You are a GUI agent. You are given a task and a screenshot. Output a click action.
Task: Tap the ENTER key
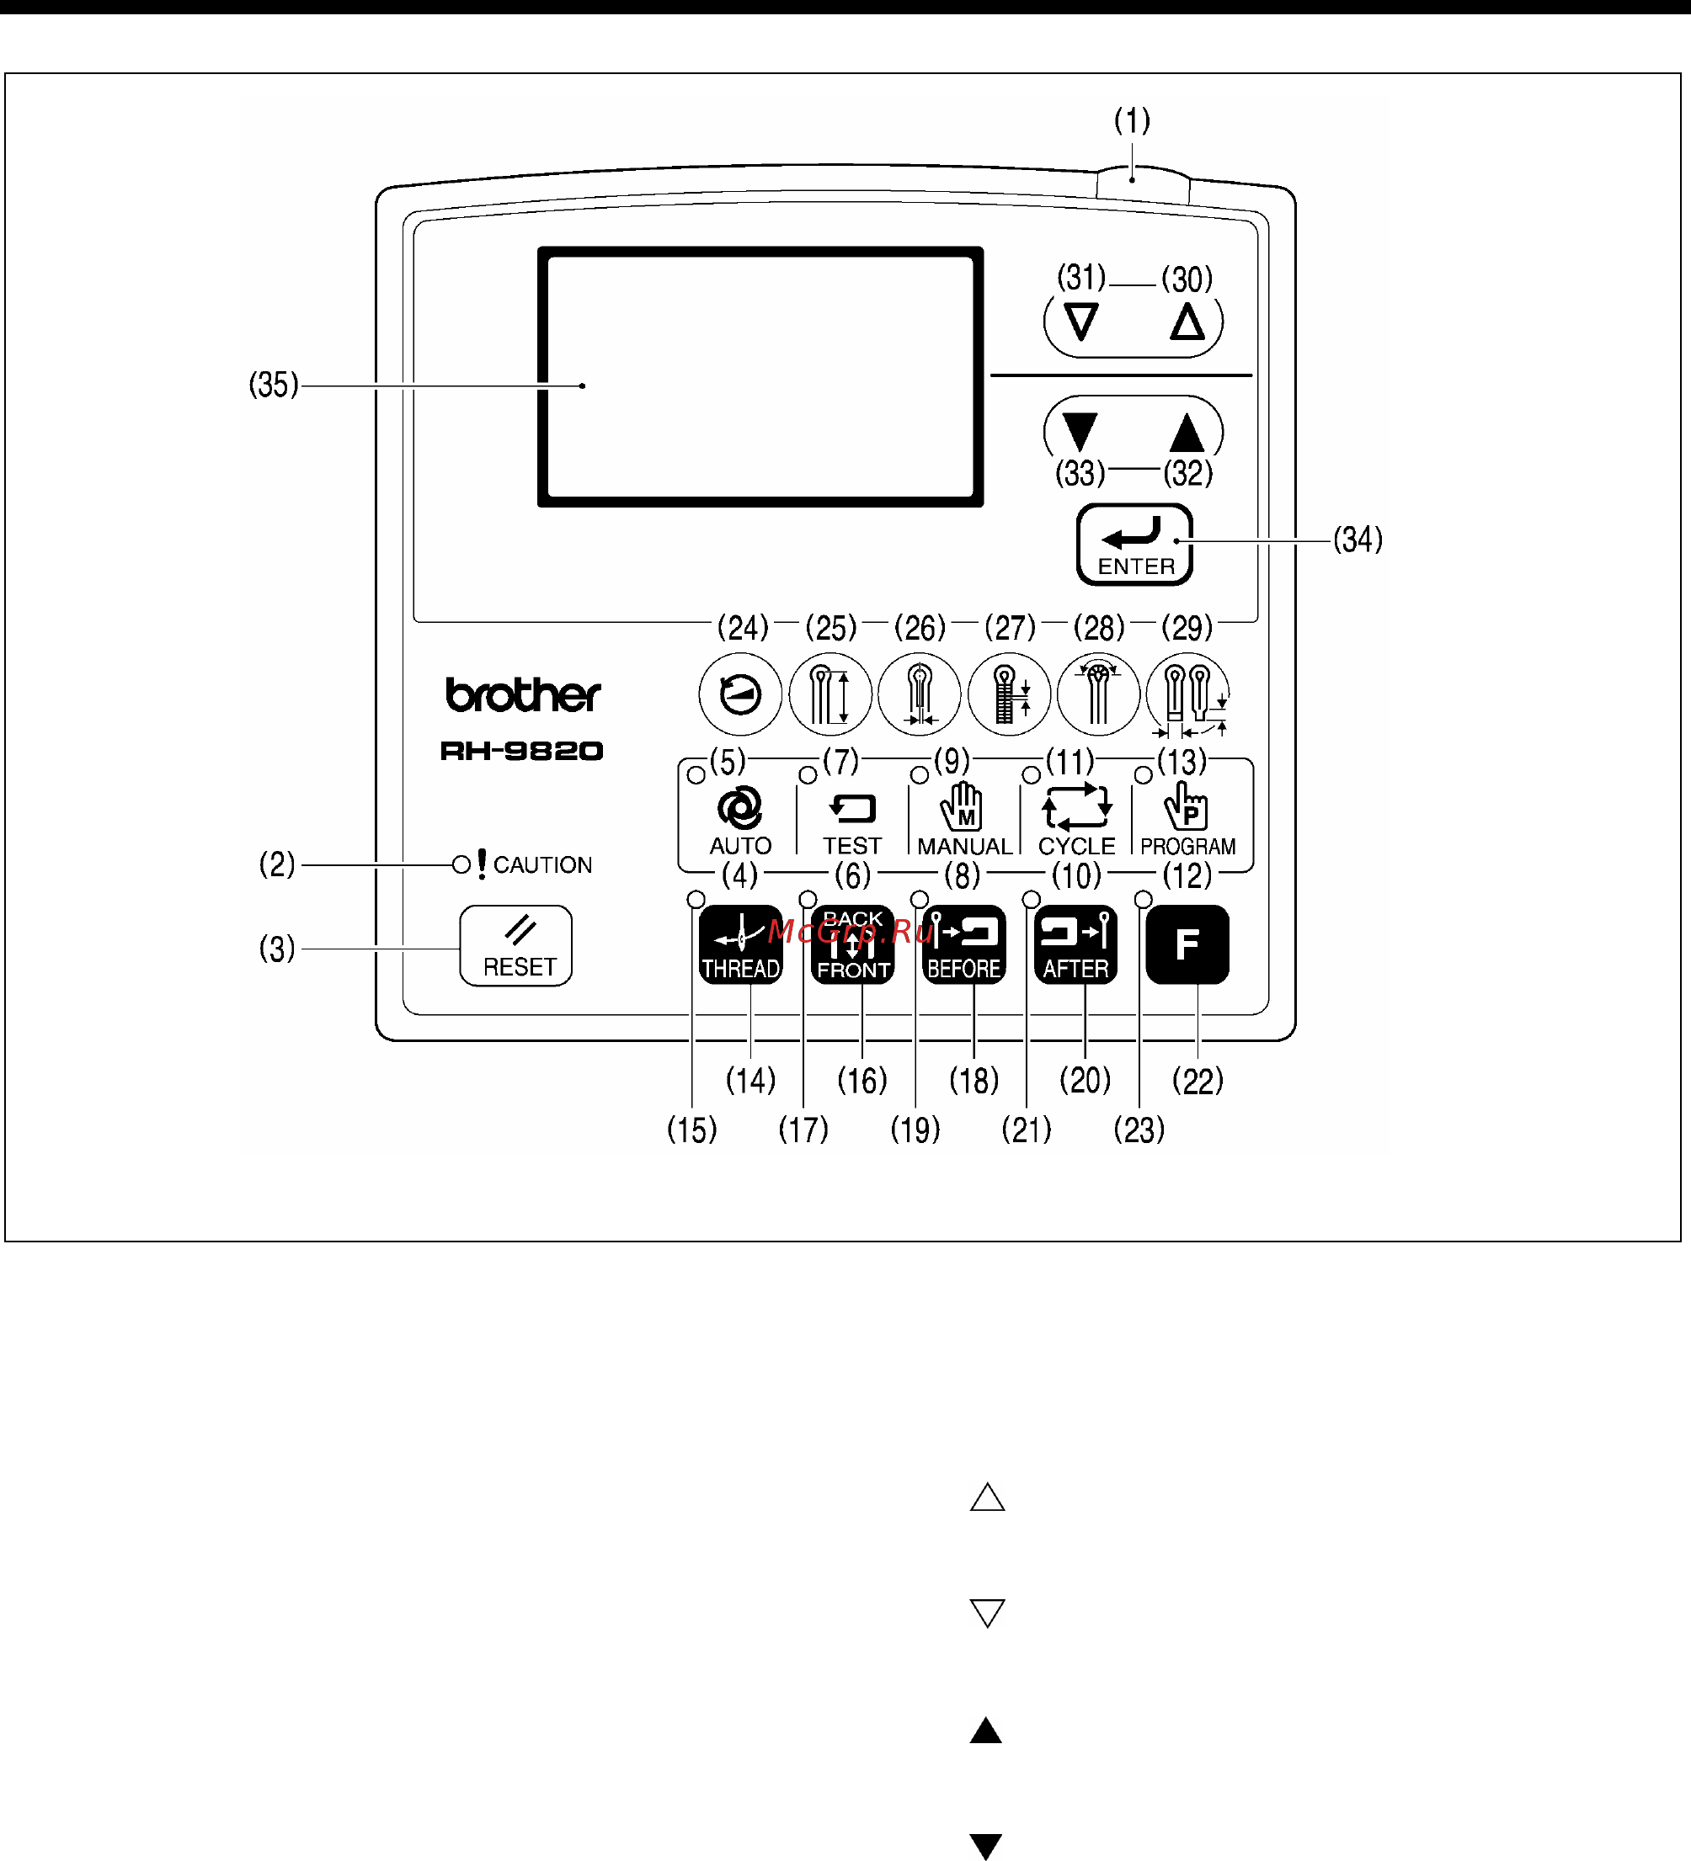click(x=1134, y=545)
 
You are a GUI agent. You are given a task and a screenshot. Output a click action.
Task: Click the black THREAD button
click(x=741, y=944)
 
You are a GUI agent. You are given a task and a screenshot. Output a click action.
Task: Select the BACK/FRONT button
click(x=852, y=944)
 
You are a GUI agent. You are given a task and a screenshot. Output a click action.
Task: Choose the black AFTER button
click(x=1076, y=944)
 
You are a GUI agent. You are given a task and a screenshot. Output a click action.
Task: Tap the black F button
click(x=1187, y=944)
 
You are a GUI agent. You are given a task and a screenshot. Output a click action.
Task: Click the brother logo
click(x=523, y=695)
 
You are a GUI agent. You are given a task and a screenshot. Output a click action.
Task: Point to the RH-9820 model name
click(x=522, y=751)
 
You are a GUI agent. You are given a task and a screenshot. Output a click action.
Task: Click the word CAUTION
click(x=542, y=865)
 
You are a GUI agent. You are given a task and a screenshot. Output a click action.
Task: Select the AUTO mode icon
click(x=739, y=809)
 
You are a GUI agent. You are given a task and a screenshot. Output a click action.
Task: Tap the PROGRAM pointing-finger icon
click(x=1186, y=806)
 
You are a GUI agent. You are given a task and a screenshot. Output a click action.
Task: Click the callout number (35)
click(x=275, y=385)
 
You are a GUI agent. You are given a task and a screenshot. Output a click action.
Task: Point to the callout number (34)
click(x=1358, y=540)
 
